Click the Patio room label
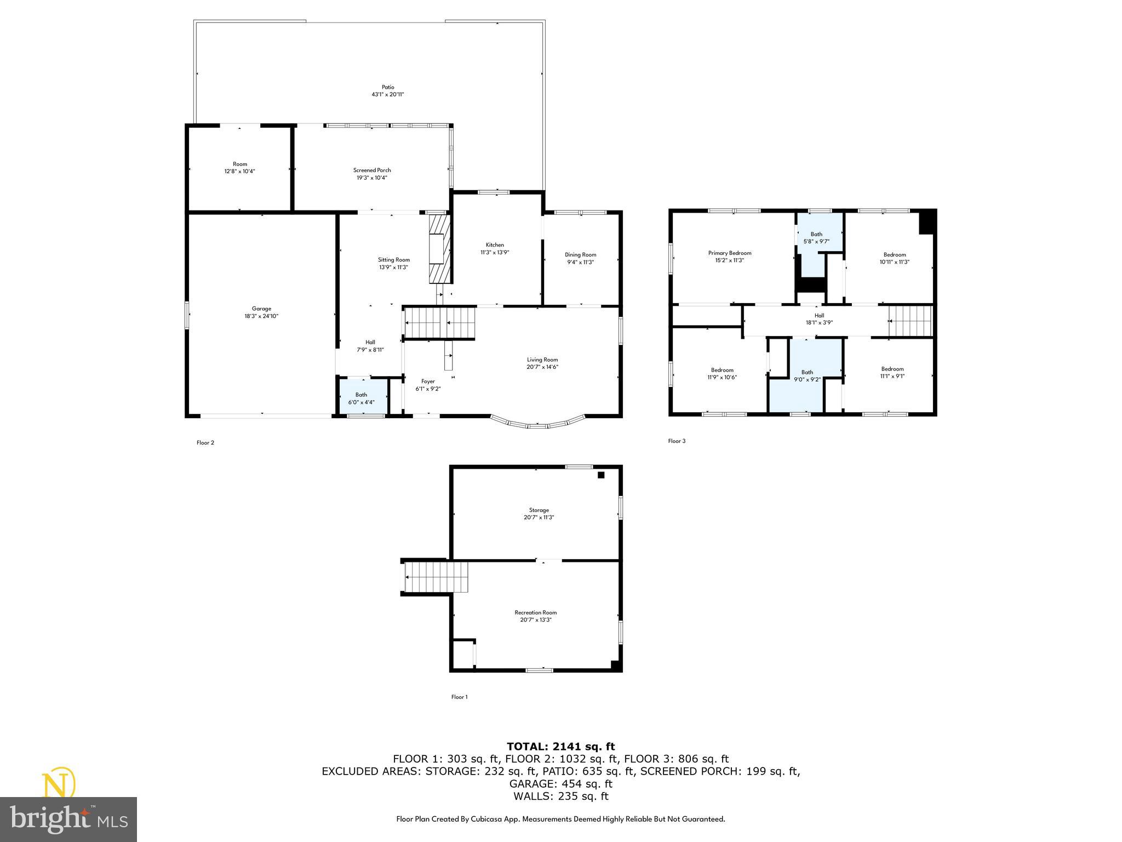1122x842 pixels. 388,87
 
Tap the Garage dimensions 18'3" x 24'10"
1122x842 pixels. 261,316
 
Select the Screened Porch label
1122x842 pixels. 372,170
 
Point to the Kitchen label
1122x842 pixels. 495,245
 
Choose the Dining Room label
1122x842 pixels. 580,255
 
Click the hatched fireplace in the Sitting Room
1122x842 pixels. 439,249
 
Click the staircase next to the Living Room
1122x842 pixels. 439,323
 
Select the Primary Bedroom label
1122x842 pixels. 730,253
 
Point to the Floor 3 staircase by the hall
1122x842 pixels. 909,321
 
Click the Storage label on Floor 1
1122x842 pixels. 539,510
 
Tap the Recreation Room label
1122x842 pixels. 535,613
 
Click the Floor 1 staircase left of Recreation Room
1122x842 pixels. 437,577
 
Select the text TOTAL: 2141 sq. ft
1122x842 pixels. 560,747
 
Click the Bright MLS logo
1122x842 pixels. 68,819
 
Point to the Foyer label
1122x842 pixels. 428,382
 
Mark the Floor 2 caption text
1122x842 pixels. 205,443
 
